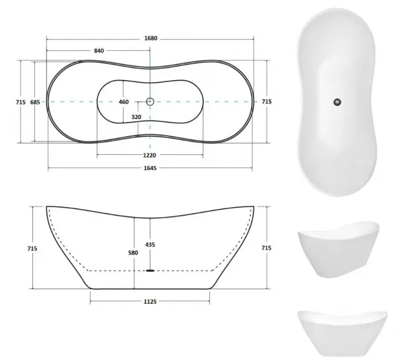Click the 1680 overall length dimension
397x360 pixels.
tap(151, 38)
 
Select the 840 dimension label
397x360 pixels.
tap(99, 51)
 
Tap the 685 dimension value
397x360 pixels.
tap(35, 102)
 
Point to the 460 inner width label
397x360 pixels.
tap(124, 102)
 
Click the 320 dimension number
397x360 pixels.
tap(136, 117)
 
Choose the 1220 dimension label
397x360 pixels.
tap(150, 156)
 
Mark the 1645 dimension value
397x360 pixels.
tap(150, 168)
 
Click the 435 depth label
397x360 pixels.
tap(150, 245)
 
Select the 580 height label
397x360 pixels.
tap(133, 253)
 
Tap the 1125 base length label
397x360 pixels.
tap(150, 302)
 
